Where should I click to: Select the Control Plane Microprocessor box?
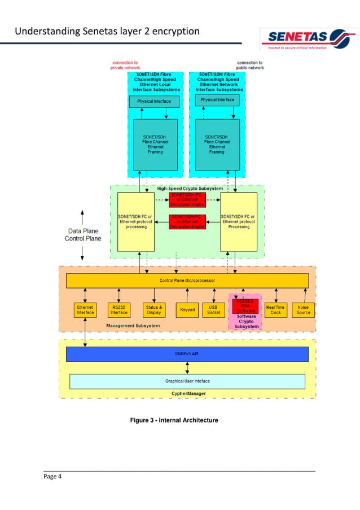[x=187, y=281]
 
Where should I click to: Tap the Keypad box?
[x=187, y=310]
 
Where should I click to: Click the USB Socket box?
[x=214, y=310]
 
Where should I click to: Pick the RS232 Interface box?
[x=119, y=310]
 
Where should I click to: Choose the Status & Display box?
[x=153, y=310]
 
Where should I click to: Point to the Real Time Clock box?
[x=275, y=310]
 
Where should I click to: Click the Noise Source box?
[x=303, y=310]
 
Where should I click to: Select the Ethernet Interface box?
[x=85, y=310]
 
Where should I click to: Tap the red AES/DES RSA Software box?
[x=245, y=306]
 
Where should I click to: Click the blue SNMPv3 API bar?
[x=187, y=354]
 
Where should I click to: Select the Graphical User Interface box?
[x=187, y=381]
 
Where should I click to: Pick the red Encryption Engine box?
[x=188, y=200]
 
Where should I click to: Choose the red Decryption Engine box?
[x=188, y=221]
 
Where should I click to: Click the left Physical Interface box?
[x=154, y=102]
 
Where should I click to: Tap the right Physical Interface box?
[x=217, y=100]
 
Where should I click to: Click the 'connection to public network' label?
[x=249, y=65]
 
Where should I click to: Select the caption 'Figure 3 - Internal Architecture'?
[x=174, y=420]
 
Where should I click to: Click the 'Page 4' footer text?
[x=52, y=477]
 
